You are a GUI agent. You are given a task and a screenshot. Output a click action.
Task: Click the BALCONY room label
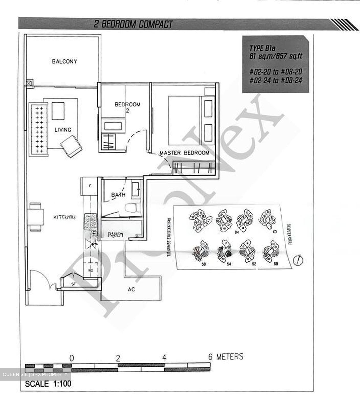click(64, 61)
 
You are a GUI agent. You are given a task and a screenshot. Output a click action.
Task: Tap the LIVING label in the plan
click(63, 130)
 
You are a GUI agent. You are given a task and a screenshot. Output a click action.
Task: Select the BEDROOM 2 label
click(127, 107)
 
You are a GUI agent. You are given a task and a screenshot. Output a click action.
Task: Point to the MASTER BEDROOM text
click(184, 153)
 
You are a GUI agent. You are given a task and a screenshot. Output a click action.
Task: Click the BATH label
click(118, 195)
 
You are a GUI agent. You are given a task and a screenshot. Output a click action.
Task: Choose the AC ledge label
click(131, 289)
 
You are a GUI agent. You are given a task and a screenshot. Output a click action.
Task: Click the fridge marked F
click(90, 186)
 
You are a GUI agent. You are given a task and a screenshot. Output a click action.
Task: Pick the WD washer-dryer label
click(90, 270)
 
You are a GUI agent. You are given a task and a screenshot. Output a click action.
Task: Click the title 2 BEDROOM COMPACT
click(133, 24)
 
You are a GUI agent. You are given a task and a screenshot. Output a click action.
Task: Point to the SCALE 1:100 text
click(48, 384)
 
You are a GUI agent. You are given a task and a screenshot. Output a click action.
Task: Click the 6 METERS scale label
click(226, 357)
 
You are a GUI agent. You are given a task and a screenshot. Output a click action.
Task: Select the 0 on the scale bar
click(72, 358)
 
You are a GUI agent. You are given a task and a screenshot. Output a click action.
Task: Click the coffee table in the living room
click(58, 111)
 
